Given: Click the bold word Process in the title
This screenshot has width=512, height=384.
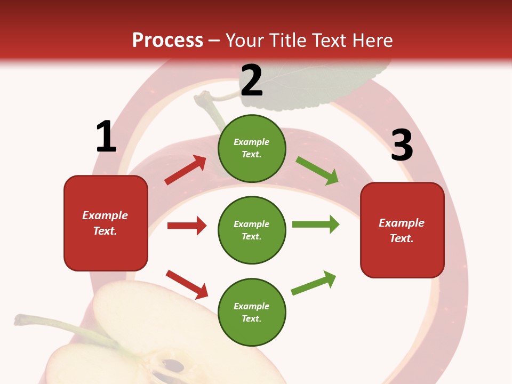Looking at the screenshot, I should pyautogui.click(x=167, y=40).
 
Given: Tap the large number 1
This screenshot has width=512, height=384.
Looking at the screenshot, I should pyautogui.click(x=106, y=137).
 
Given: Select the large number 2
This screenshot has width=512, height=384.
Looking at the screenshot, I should pyautogui.click(x=252, y=81).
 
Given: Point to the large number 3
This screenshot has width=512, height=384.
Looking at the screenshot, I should pyautogui.click(x=402, y=145).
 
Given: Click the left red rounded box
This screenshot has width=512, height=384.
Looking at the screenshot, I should pyautogui.click(x=106, y=223).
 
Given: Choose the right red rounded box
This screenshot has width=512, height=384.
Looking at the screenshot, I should pyautogui.click(x=402, y=230).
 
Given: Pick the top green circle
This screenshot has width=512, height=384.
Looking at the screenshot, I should pyautogui.click(x=252, y=148).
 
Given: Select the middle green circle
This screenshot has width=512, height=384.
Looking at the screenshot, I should pyautogui.click(x=252, y=230).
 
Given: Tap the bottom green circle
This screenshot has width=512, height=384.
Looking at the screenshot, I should pyautogui.click(x=252, y=312).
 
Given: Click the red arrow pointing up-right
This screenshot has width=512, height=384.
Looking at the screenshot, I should pyautogui.click(x=185, y=170).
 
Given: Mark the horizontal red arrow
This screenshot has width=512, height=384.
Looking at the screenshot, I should pyautogui.click(x=187, y=226).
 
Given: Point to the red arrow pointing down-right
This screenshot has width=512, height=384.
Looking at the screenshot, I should pyautogui.click(x=187, y=284).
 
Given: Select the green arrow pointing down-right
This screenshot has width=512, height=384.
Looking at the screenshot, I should pyautogui.click(x=317, y=171).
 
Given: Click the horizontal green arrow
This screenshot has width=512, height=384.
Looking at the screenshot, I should pyautogui.click(x=316, y=224).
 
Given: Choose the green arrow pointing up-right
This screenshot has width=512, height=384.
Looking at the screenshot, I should pyautogui.click(x=314, y=283).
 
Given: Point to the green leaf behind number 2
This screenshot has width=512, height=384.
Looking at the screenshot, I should pyautogui.click(x=331, y=80).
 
